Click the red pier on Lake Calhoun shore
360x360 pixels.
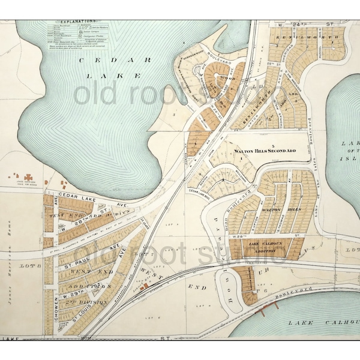(x=266, y=308)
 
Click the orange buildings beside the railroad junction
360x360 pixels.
(x=143, y=288)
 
